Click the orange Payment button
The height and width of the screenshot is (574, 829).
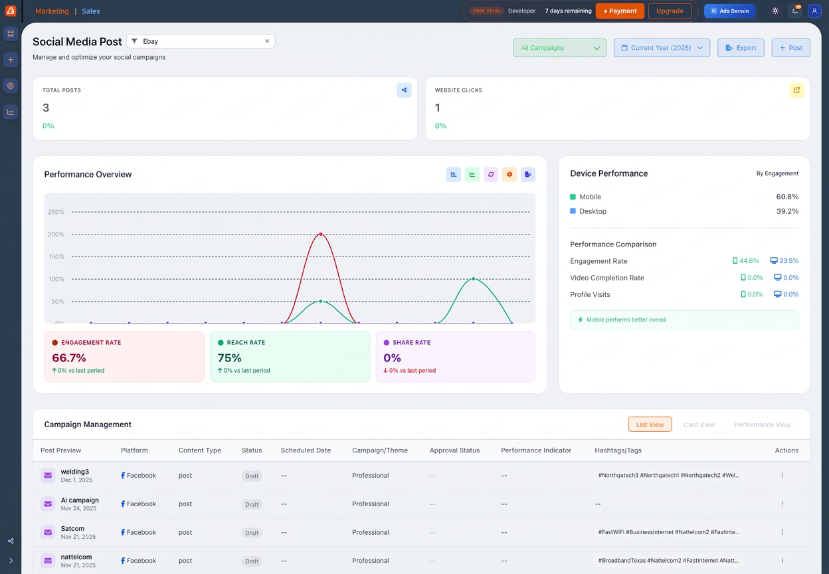click(620, 11)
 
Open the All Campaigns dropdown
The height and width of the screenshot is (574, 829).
click(559, 48)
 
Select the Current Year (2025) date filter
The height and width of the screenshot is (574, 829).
click(662, 48)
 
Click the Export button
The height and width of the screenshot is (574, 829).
click(741, 48)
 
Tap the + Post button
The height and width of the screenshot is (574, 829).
click(790, 48)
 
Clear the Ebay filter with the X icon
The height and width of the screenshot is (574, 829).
click(267, 41)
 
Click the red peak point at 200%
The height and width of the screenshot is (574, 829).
click(321, 234)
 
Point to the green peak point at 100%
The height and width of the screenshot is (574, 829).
click(474, 279)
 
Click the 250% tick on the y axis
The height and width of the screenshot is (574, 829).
click(56, 212)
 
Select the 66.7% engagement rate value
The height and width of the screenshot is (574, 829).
click(69, 358)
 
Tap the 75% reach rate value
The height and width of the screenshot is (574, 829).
click(229, 358)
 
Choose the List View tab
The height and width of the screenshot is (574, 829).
click(650, 425)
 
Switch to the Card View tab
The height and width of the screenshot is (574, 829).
click(699, 425)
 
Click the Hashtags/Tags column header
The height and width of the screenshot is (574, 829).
click(618, 450)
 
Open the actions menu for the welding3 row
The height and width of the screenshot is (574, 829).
click(783, 476)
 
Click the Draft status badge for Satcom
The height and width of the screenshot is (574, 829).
click(252, 533)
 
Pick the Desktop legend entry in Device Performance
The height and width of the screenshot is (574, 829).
click(593, 211)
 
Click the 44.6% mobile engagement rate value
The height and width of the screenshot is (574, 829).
click(749, 261)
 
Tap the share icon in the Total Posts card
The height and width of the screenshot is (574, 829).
click(404, 90)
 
